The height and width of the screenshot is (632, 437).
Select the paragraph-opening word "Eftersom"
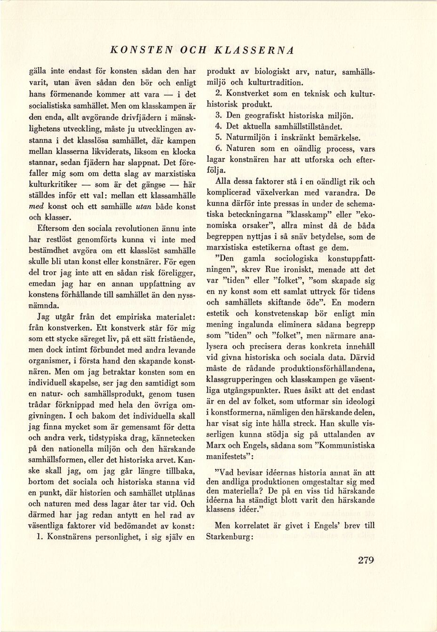point(53,229)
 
